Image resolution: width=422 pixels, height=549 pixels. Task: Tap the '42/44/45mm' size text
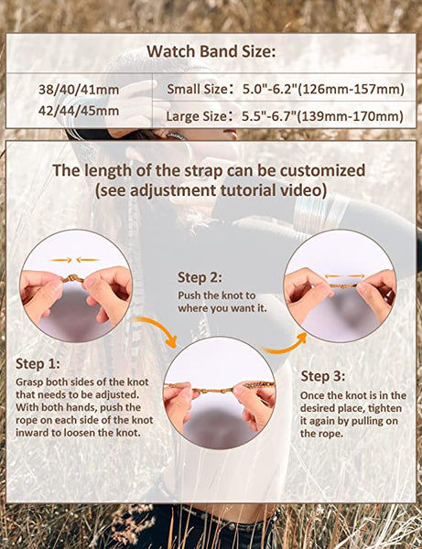(78, 111)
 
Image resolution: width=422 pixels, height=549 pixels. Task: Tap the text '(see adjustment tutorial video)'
(210, 189)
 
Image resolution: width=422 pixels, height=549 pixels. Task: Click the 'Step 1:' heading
(40, 363)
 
